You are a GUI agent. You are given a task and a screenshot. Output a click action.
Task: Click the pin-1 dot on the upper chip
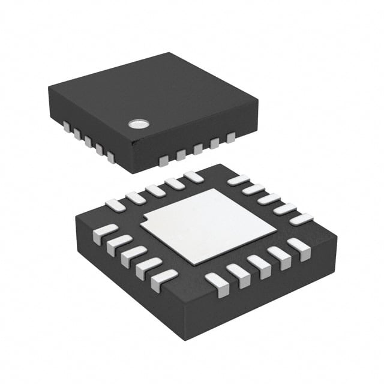point(139,124)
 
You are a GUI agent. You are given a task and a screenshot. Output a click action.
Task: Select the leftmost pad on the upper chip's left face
point(65,127)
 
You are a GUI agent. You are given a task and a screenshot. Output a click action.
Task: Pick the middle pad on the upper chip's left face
point(88,142)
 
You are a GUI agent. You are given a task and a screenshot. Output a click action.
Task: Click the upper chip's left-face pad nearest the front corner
point(111,157)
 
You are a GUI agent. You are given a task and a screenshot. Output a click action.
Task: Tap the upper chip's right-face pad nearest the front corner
point(164,160)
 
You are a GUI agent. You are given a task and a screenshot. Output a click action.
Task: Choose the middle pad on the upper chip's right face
point(197,149)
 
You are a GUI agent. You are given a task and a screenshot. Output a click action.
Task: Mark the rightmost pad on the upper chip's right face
point(231,138)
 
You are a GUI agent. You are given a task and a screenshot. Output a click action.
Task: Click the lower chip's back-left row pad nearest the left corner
point(115,205)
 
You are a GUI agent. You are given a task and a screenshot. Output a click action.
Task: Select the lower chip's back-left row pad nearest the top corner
point(193,177)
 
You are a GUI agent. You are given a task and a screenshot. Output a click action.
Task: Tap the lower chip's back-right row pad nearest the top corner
point(238,179)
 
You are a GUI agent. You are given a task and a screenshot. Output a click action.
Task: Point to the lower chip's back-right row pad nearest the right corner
point(301,219)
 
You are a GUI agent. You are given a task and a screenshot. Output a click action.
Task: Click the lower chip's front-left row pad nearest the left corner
point(105,233)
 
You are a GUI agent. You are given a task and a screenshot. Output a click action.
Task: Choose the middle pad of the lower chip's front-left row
point(133,256)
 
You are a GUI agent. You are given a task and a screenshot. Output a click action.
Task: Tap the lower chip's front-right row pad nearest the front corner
point(217,284)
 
